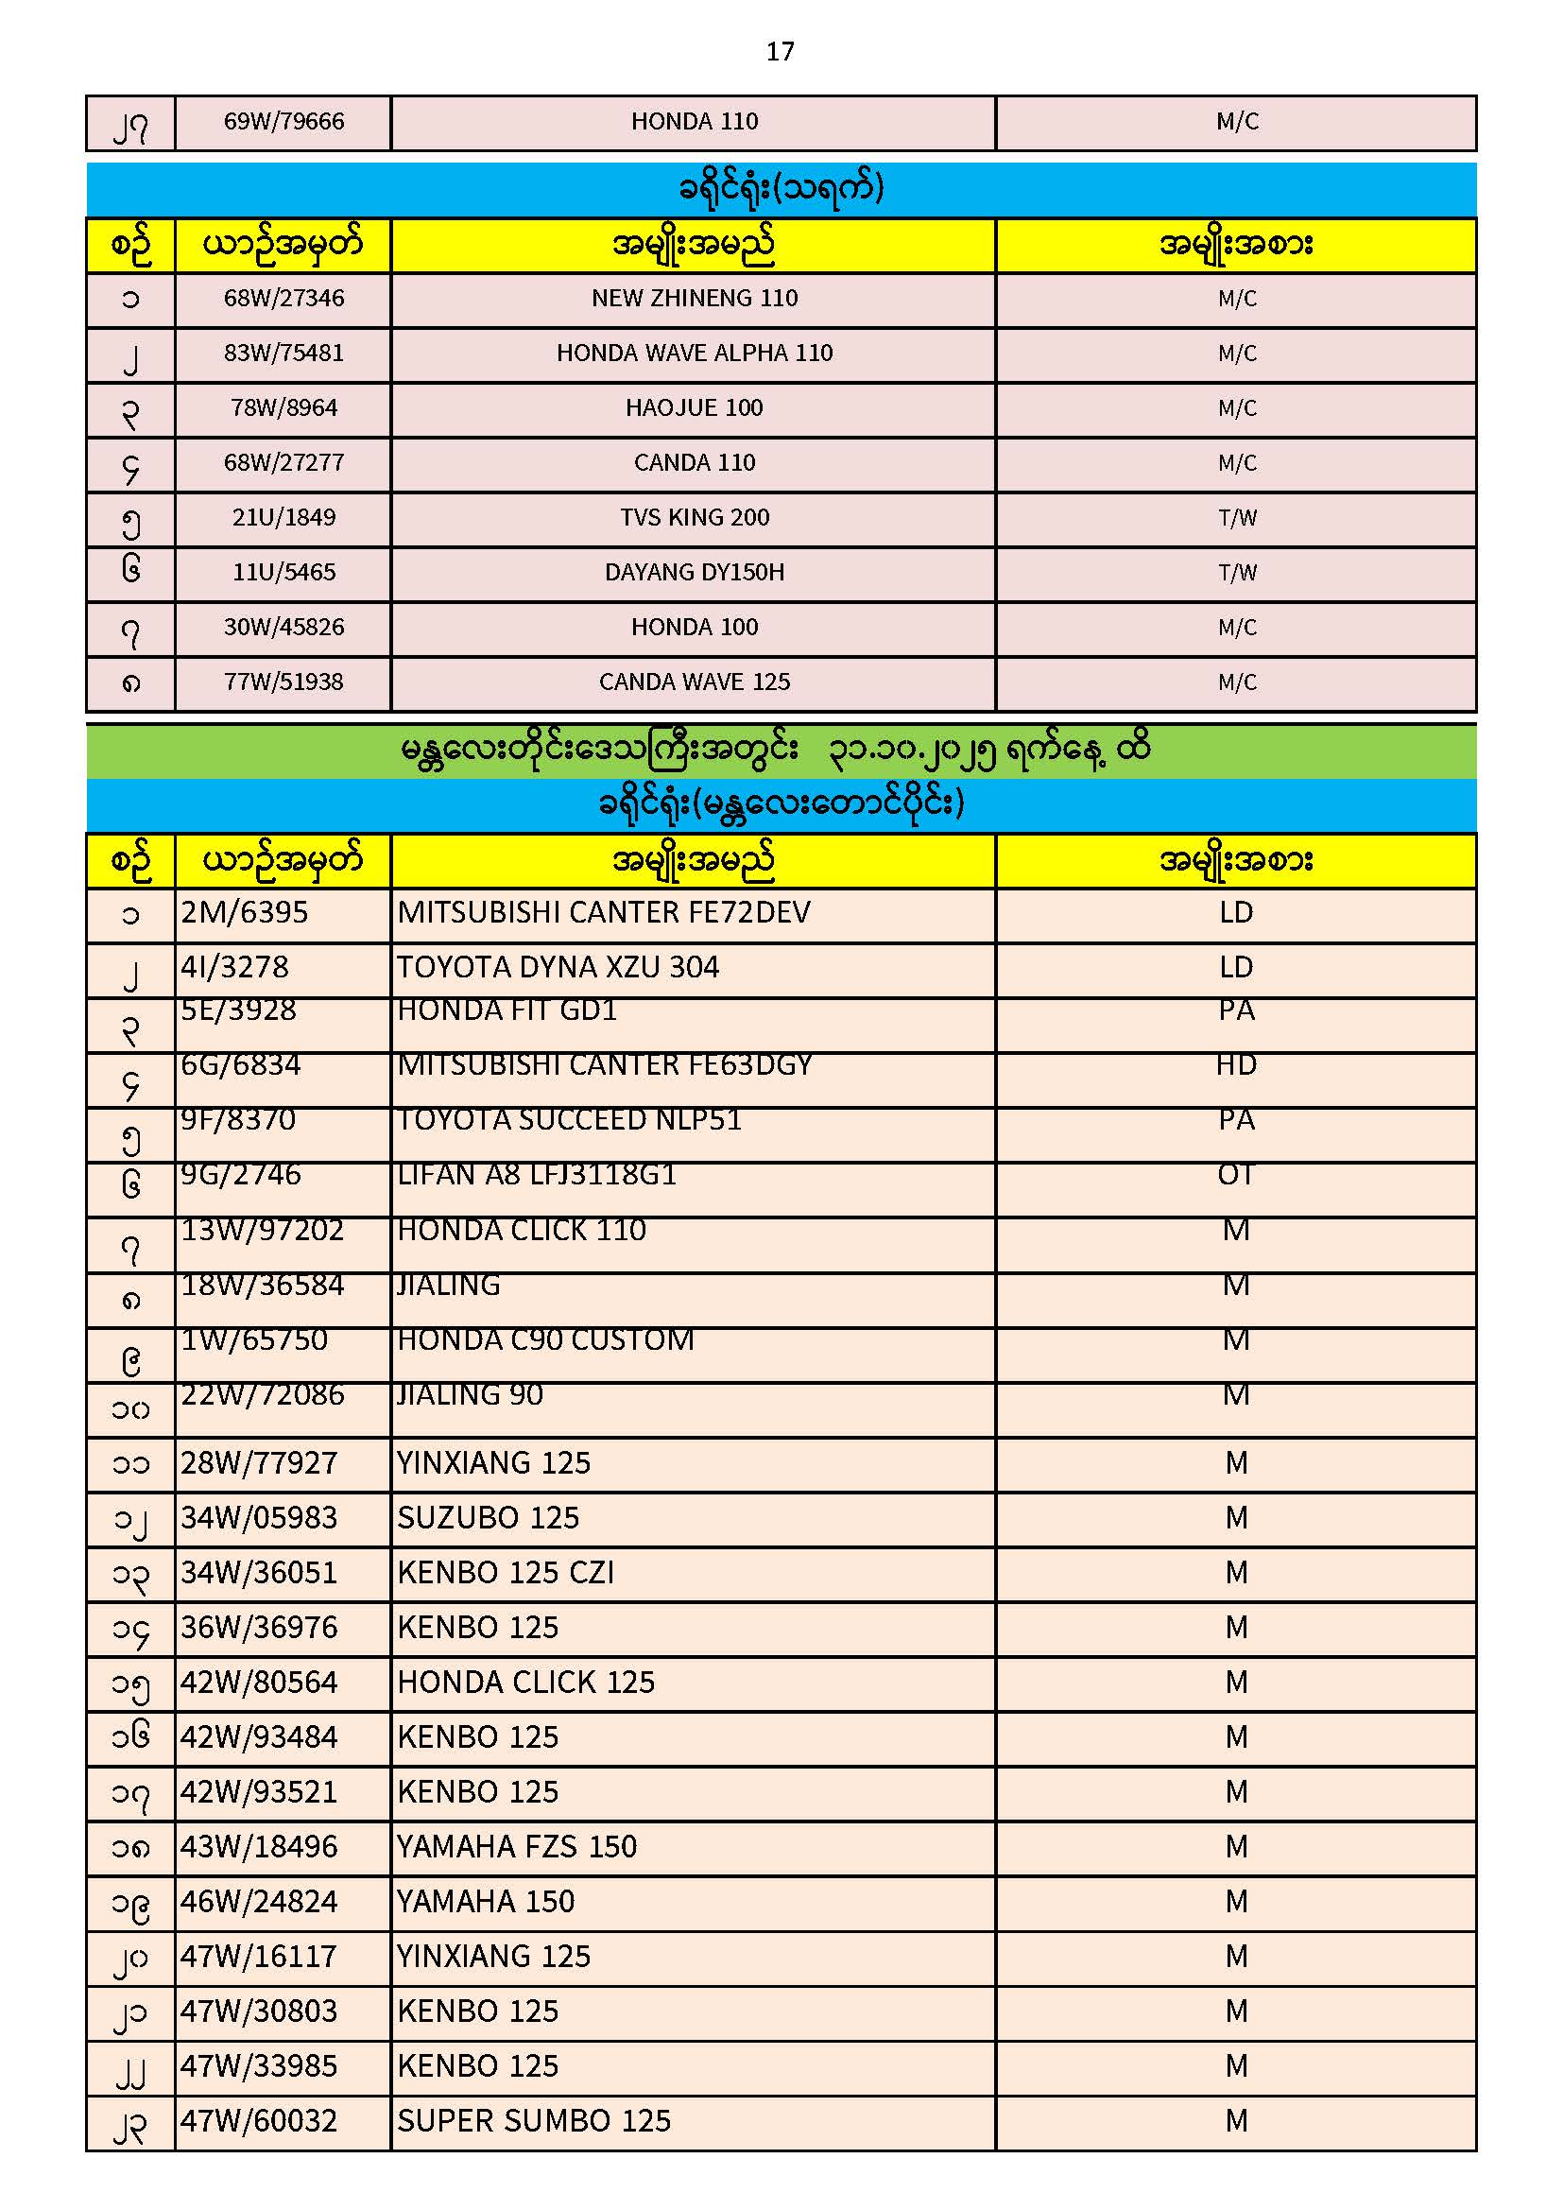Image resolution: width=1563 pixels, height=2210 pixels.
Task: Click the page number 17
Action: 780,51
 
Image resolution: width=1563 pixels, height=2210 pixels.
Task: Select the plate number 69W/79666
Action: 283,121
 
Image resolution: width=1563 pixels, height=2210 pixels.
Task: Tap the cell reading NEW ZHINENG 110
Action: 694,299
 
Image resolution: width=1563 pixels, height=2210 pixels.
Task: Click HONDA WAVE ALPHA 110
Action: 694,354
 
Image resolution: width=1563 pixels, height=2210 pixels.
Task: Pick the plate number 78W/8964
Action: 283,408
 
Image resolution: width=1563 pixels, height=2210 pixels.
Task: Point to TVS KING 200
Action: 694,518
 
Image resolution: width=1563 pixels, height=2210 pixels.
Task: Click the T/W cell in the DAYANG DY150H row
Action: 1237,573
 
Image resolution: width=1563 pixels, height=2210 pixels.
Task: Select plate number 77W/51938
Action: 283,682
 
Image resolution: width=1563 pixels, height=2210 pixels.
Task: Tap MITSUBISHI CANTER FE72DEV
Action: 604,912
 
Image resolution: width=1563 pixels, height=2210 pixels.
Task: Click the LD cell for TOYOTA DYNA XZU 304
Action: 1236,967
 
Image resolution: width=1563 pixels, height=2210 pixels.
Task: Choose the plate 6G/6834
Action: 241,1065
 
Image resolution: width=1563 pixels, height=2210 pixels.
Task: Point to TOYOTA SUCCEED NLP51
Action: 569,1120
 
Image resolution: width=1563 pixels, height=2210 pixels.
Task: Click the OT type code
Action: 1236,1175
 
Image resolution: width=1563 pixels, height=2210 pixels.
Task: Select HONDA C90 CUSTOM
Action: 544,1339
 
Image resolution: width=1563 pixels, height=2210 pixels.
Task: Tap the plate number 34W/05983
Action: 259,1518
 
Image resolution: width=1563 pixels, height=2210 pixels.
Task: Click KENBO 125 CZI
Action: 506,1573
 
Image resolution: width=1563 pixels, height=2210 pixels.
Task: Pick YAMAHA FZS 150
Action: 517,1847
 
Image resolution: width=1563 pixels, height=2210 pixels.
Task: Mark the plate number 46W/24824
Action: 259,1902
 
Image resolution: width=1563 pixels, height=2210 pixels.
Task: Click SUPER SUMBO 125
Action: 533,2121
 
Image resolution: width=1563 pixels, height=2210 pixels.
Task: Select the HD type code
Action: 1236,1065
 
